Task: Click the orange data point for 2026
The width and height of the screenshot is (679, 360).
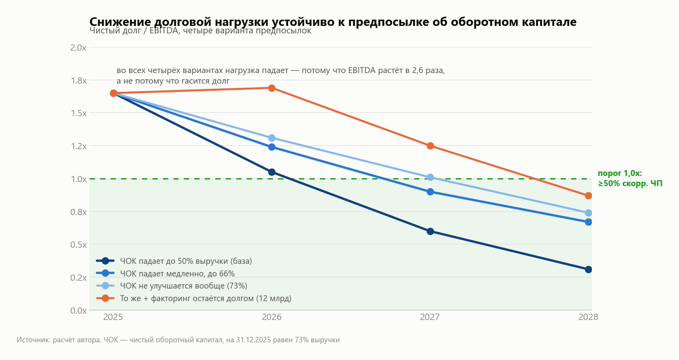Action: (x=272, y=88)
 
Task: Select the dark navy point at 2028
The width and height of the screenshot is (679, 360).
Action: (x=588, y=269)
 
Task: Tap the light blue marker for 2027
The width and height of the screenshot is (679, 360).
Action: (x=430, y=177)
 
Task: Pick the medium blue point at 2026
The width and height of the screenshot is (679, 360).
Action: (x=272, y=147)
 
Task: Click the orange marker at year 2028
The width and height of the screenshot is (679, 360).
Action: (x=588, y=196)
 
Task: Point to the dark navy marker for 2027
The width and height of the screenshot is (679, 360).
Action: (x=430, y=231)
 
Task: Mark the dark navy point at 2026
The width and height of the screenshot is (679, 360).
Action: (x=272, y=172)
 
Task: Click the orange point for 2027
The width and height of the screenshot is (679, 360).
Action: (x=430, y=146)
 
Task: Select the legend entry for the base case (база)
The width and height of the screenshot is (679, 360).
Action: (x=174, y=261)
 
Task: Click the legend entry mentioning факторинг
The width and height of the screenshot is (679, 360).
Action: (x=194, y=298)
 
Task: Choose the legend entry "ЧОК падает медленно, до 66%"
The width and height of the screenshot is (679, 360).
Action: (x=166, y=273)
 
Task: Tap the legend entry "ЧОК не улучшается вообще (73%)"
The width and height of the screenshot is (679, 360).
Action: (x=172, y=286)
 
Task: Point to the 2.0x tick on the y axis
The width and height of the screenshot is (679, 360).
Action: (x=78, y=48)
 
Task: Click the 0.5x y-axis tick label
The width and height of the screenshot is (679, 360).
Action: (x=78, y=245)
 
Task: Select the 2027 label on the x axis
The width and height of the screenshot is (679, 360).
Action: (x=430, y=317)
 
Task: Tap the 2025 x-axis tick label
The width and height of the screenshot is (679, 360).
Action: (x=113, y=317)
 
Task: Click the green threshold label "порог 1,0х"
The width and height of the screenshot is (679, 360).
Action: (x=620, y=173)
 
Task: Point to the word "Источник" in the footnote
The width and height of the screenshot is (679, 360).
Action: (x=33, y=340)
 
